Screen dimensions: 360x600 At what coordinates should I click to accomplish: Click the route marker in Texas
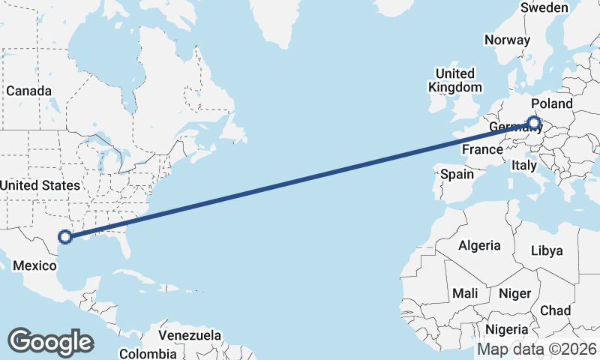pos(65,237)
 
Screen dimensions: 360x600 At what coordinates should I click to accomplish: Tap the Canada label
pos(28,91)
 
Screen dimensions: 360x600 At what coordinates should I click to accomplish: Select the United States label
pos(39,185)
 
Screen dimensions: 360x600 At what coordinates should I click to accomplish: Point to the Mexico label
pos(35,266)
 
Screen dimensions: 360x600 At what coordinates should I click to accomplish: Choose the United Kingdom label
pos(455,80)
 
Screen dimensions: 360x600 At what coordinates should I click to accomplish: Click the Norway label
pos(507,40)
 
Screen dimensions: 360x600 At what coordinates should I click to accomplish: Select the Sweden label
pos(544,7)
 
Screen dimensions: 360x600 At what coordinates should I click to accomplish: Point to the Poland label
pos(551,103)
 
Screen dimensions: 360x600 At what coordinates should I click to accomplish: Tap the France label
pos(481,150)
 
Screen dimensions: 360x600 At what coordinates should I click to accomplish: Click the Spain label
pos(457,174)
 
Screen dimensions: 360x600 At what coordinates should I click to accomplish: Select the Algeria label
pos(479,245)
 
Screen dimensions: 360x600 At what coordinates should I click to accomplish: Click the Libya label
pos(546,250)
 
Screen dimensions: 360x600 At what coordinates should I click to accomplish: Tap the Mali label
pos(465,293)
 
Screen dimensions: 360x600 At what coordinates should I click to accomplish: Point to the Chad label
pos(555,310)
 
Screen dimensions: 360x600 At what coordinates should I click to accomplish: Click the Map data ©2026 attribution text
pos(536,349)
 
